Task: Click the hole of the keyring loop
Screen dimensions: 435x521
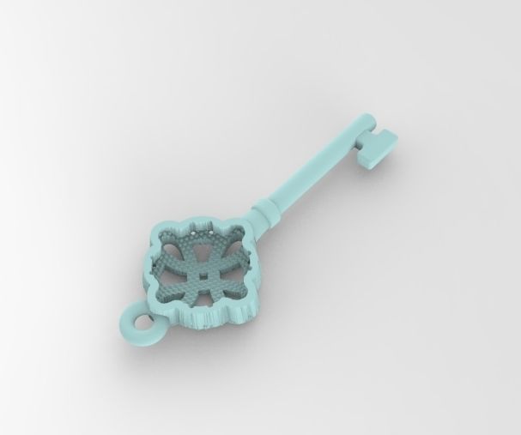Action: pos(142,322)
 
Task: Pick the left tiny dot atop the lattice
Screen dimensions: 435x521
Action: pos(194,233)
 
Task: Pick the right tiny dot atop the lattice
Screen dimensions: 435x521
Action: pos(211,232)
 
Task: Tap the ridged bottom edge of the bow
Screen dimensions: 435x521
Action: pos(209,319)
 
